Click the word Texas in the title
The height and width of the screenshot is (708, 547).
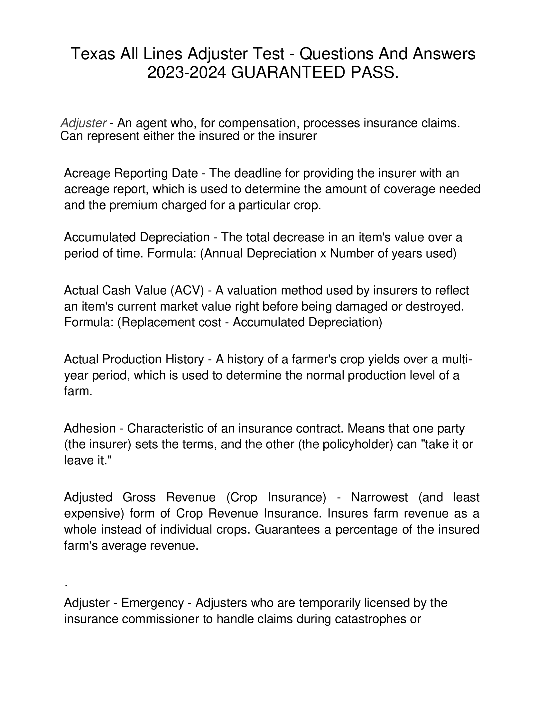(93, 54)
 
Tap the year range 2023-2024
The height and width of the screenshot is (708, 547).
(187, 73)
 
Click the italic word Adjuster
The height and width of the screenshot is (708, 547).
(83, 123)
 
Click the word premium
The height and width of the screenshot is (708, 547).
(132, 205)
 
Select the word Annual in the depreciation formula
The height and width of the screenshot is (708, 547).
(223, 253)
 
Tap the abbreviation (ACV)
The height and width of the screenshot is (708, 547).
(187, 290)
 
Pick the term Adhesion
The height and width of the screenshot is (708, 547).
(90, 429)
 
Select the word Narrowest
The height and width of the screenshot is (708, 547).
(379, 497)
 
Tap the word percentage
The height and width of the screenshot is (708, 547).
(366, 529)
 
